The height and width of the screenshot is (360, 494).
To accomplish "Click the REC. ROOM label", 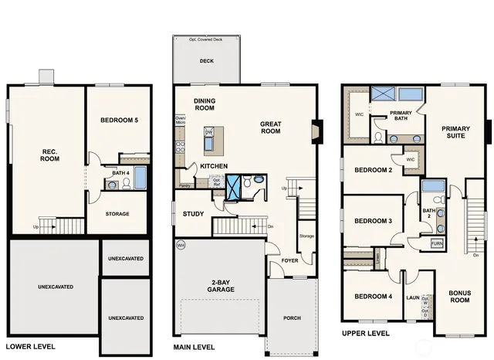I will [x=49, y=154].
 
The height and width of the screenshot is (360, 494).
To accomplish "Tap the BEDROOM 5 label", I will [x=120, y=121].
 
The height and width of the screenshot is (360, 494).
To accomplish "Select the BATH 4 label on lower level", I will [x=120, y=174].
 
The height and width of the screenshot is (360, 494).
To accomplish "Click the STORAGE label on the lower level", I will [x=117, y=214].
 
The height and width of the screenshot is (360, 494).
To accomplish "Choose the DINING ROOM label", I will [x=205, y=104].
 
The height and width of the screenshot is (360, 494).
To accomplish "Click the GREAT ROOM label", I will [x=270, y=127].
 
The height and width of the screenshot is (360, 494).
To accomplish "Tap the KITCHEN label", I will [x=214, y=166].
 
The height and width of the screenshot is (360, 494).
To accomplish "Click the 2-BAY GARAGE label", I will [x=220, y=285].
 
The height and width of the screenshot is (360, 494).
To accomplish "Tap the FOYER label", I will [x=289, y=260].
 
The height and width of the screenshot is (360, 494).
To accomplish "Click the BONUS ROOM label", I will [x=460, y=296].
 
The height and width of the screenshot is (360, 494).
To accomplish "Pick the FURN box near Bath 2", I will [x=437, y=243].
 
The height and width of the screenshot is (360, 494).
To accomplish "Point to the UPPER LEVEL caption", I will [x=366, y=334].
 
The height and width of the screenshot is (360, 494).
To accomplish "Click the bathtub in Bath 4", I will [x=140, y=178].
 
